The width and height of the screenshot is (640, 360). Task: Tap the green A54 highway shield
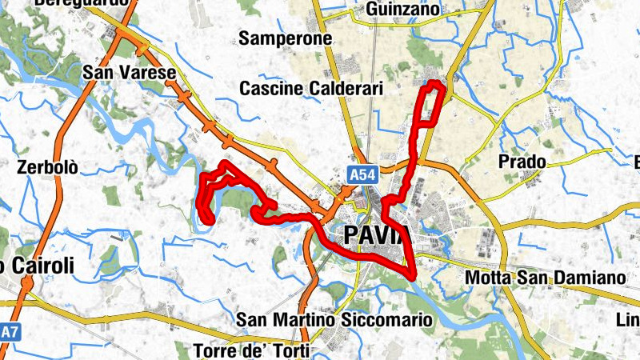point(358,174)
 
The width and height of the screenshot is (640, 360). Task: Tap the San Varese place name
point(130,74)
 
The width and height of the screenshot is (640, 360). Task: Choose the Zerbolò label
point(48,168)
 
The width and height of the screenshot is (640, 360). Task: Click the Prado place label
point(522,162)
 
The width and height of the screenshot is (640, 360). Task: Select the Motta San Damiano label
point(544,278)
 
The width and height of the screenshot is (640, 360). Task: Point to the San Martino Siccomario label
point(334,320)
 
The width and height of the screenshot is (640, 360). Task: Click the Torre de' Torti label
point(250,350)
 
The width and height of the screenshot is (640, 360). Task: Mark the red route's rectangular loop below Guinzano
point(430,104)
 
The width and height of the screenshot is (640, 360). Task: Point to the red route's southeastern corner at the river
point(413,276)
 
